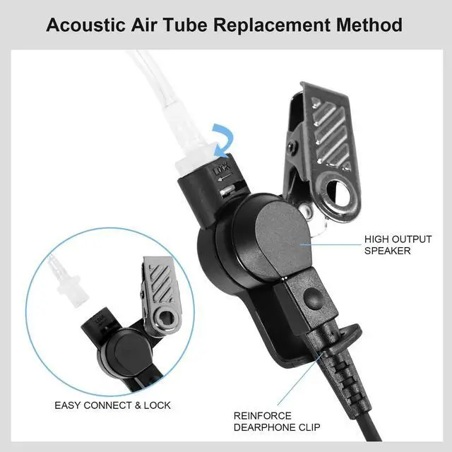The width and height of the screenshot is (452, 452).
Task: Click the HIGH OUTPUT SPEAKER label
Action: (x=398, y=245)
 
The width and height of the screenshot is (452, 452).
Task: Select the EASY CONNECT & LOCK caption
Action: (x=112, y=405)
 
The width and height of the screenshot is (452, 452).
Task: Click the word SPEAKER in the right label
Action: (x=387, y=251)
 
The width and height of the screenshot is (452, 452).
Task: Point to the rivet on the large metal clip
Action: (x=292, y=145)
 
